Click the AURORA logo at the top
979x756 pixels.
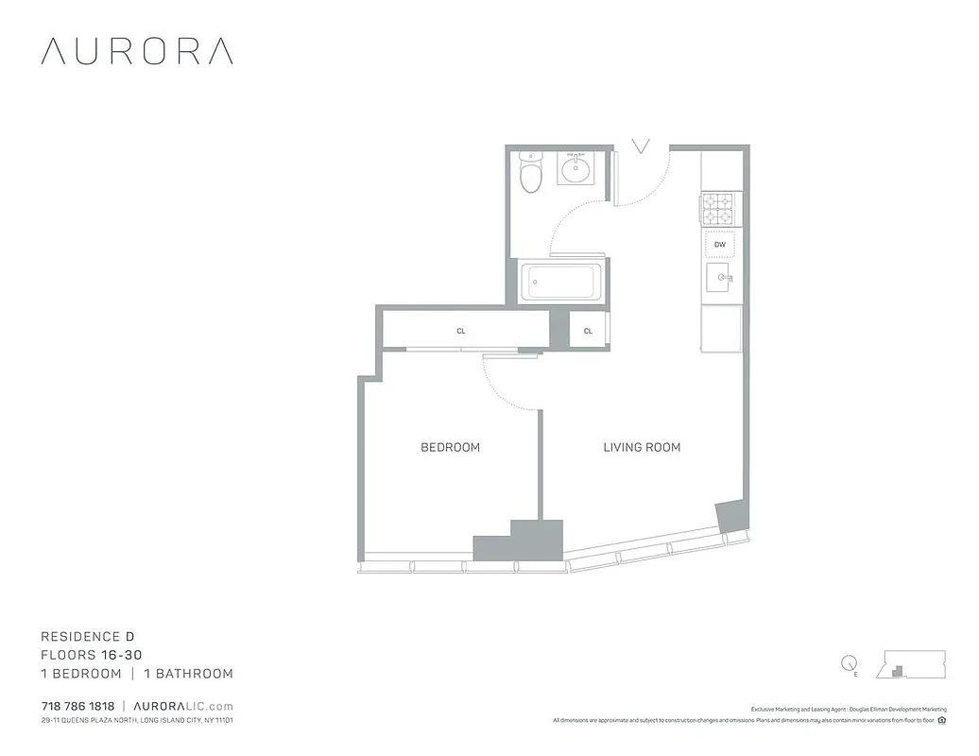tap(137, 51)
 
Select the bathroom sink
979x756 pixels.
tap(575, 170)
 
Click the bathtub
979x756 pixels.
tap(561, 281)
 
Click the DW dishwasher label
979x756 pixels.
tap(720, 245)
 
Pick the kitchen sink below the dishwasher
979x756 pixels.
tap(721, 278)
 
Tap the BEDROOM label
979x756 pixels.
tap(450, 447)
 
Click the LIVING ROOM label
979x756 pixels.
tap(642, 447)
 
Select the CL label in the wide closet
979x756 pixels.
tap(461, 331)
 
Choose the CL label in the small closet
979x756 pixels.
tap(588, 331)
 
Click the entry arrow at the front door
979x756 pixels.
tap(642, 146)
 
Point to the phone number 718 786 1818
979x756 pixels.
tap(77, 706)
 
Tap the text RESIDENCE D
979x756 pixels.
tap(94, 637)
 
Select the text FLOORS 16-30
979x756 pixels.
tap(92, 655)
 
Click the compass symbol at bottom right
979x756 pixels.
tap(849, 663)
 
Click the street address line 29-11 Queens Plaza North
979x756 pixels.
tap(137, 721)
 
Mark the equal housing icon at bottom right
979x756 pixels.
tap(942, 721)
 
